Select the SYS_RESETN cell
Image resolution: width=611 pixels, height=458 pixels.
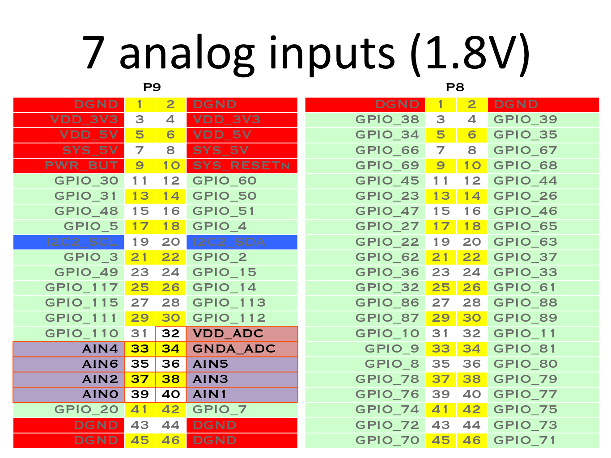pos(242,166)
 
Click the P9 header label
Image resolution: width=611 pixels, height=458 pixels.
pos(152,87)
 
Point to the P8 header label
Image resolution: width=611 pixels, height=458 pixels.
pos(455,87)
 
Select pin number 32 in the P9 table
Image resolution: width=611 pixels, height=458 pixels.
pos(171,333)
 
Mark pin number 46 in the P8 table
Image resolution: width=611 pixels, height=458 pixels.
pos(472,441)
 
